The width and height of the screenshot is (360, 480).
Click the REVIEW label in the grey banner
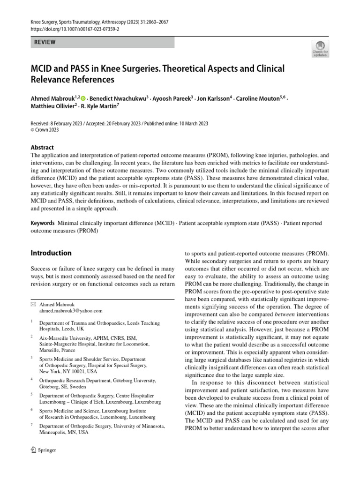(x=45, y=42)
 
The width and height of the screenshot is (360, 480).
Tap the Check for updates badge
(x=321, y=48)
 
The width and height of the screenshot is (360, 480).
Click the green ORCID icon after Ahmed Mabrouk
(x=83, y=99)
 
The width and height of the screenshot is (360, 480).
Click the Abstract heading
(x=42, y=147)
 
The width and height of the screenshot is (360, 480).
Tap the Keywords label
(x=43, y=223)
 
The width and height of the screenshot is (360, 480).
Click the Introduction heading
(x=51, y=253)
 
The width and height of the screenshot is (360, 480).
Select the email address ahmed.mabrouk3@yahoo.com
(x=71, y=310)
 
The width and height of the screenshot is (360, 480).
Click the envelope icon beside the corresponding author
(x=33, y=304)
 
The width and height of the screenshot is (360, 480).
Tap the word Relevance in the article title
(x=51, y=80)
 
